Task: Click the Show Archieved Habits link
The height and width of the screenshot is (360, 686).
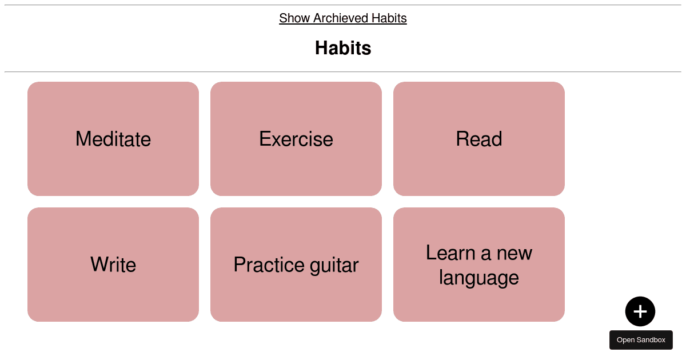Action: [342, 18]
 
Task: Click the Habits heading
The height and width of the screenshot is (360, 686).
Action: [343, 48]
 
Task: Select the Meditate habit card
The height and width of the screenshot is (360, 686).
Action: [113, 139]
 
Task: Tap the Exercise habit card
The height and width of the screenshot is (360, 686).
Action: [296, 139]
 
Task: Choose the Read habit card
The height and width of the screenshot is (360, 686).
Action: [479, 139]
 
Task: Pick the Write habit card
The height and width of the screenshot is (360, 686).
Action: [113, 265]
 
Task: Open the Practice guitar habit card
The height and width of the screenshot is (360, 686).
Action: [296, 265]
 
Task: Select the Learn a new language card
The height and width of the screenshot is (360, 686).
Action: [479, 265]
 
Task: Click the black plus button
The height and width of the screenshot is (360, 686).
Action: [640, 311]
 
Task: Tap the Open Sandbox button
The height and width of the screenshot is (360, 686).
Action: [641, 340]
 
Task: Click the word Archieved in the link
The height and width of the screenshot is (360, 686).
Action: [341, 18]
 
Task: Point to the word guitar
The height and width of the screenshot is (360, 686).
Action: [334, 266]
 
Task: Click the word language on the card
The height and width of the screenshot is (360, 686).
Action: [479, 278]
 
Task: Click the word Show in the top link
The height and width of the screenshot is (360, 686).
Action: [294, 18]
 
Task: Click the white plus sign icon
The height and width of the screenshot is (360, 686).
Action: [640, 311]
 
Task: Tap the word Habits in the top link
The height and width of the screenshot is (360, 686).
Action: [389, 18]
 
